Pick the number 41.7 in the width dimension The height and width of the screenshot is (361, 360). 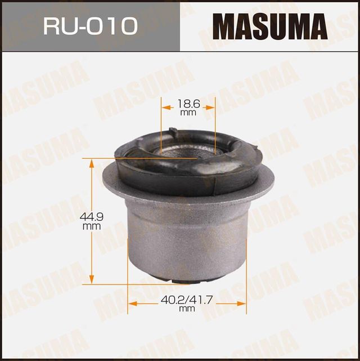[196, 300]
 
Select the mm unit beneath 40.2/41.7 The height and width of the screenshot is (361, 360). [183, 309]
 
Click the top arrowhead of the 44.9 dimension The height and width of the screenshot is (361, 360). [92, 162]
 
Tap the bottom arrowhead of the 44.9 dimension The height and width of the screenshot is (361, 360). [92, 282]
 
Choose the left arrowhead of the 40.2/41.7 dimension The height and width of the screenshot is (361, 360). [131, 304]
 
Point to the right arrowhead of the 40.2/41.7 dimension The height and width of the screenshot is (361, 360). [244, 304]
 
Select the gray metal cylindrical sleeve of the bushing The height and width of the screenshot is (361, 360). [186, 237]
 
